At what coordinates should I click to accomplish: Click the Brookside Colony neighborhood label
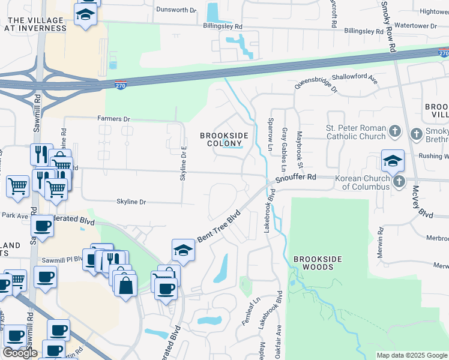(x=224, y=139)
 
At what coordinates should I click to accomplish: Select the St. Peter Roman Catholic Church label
(x=356, y=132)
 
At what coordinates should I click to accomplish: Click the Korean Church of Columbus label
(x=363, y=182)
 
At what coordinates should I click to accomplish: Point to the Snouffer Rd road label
(x=295, y=178)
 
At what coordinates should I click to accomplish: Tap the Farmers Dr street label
(x=113, y=119)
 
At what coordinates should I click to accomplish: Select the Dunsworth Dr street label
(x=176, y=10)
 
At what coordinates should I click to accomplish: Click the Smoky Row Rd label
(x=388, y=27)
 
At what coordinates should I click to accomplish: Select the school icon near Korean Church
(x=393, y=161)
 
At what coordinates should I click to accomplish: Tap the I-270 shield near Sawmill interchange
(x=121, y=86)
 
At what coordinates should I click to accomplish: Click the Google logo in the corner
(x=20, y=353)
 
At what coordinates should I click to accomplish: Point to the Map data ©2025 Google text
(x=412, y=355)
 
